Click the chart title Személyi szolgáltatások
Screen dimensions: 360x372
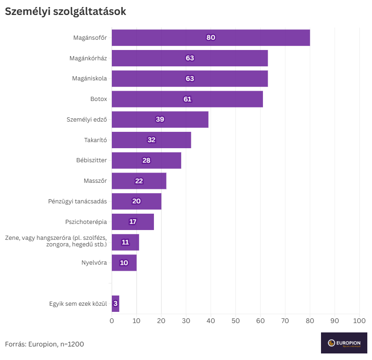66,12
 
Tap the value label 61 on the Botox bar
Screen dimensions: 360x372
188,99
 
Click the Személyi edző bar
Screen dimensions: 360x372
187,119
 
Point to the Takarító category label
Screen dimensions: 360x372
95,140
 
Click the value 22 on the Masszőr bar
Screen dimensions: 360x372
139,181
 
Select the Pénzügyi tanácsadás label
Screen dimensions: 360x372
78,201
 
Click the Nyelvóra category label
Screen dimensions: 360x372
94,263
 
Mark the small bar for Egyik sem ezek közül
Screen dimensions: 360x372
116,303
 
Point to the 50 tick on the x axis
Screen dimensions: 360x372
235,321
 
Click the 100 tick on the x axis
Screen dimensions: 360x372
359,321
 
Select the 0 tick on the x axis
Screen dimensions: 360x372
112,321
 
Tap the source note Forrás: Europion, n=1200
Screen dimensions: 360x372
44,344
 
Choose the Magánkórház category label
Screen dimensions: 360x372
88,58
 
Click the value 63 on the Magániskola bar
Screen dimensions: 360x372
190,79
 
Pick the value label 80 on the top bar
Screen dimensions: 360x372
211,37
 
